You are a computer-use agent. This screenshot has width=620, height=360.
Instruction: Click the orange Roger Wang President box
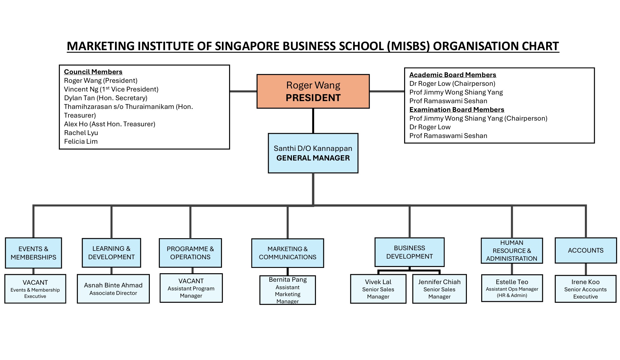[313, 91]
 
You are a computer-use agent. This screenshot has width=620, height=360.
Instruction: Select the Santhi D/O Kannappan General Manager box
[313, 153]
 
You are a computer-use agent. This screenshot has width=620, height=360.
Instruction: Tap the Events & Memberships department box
[33, 253]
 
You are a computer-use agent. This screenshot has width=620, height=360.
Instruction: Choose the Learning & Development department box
[111, 253]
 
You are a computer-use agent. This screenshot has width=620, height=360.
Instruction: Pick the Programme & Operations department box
[190, 253]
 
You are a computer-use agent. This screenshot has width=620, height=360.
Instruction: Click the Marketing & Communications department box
[288, 253]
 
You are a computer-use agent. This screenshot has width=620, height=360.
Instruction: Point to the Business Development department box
[410, 252]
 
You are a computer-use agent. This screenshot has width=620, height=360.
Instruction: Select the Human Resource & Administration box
[512, 250]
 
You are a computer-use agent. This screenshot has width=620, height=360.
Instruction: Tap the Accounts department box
[585, 250]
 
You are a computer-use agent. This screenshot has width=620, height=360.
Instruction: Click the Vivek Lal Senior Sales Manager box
[378, 289]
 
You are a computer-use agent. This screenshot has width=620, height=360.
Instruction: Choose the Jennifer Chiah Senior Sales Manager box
[439, 289]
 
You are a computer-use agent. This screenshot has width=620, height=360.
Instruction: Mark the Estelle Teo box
[512, 288]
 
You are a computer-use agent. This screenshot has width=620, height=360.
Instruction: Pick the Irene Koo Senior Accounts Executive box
[585, 289]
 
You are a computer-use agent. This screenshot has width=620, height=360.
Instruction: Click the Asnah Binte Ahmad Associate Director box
[113, 289]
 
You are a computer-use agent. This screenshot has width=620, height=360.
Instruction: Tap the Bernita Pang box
[288, 290]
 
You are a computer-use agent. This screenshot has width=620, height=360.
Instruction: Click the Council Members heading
[93, 72]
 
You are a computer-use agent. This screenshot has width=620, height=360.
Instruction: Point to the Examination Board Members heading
[457, 110]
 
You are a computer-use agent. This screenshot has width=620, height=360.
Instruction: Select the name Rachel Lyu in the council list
[81, 133]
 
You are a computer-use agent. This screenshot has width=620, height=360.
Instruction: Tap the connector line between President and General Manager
[313, 121]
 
